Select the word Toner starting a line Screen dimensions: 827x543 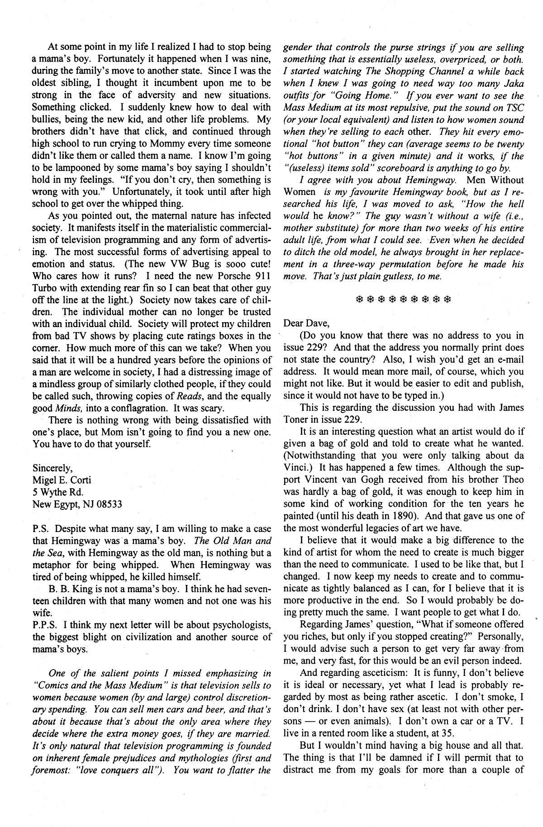click(x=297, y=419)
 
